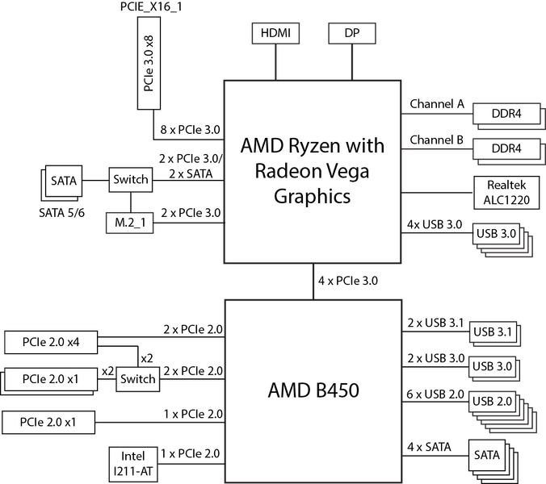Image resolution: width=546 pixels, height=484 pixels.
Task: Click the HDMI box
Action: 275,33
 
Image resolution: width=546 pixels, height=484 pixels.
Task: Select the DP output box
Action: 352,33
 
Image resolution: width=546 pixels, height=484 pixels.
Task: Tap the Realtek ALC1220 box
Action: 506,193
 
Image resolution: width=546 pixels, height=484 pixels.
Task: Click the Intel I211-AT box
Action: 133,464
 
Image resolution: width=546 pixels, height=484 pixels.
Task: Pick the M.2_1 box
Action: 129,223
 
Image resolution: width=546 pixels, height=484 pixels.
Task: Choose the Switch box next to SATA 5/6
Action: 131,180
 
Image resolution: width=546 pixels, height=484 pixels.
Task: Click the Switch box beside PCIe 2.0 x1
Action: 138,379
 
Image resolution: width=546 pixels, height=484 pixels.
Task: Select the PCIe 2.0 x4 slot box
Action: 51,343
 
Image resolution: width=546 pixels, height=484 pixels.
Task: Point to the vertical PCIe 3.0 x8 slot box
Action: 149,63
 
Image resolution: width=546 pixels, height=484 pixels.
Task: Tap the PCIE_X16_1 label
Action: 151,7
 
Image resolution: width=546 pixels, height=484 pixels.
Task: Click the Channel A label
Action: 437,103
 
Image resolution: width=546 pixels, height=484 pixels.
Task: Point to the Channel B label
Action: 437,140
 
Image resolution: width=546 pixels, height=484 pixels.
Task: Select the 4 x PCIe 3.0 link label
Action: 348,281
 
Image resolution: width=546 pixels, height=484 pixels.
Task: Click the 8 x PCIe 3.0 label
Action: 190,130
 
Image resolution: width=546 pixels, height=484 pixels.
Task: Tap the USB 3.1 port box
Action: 493,332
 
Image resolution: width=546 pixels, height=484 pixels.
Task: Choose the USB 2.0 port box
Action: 492,402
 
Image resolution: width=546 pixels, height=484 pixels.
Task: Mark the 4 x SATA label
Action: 429,447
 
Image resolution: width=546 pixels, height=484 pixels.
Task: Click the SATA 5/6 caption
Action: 61,213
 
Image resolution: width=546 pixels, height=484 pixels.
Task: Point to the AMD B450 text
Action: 313,390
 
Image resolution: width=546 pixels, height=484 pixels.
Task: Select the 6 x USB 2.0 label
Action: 435,394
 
